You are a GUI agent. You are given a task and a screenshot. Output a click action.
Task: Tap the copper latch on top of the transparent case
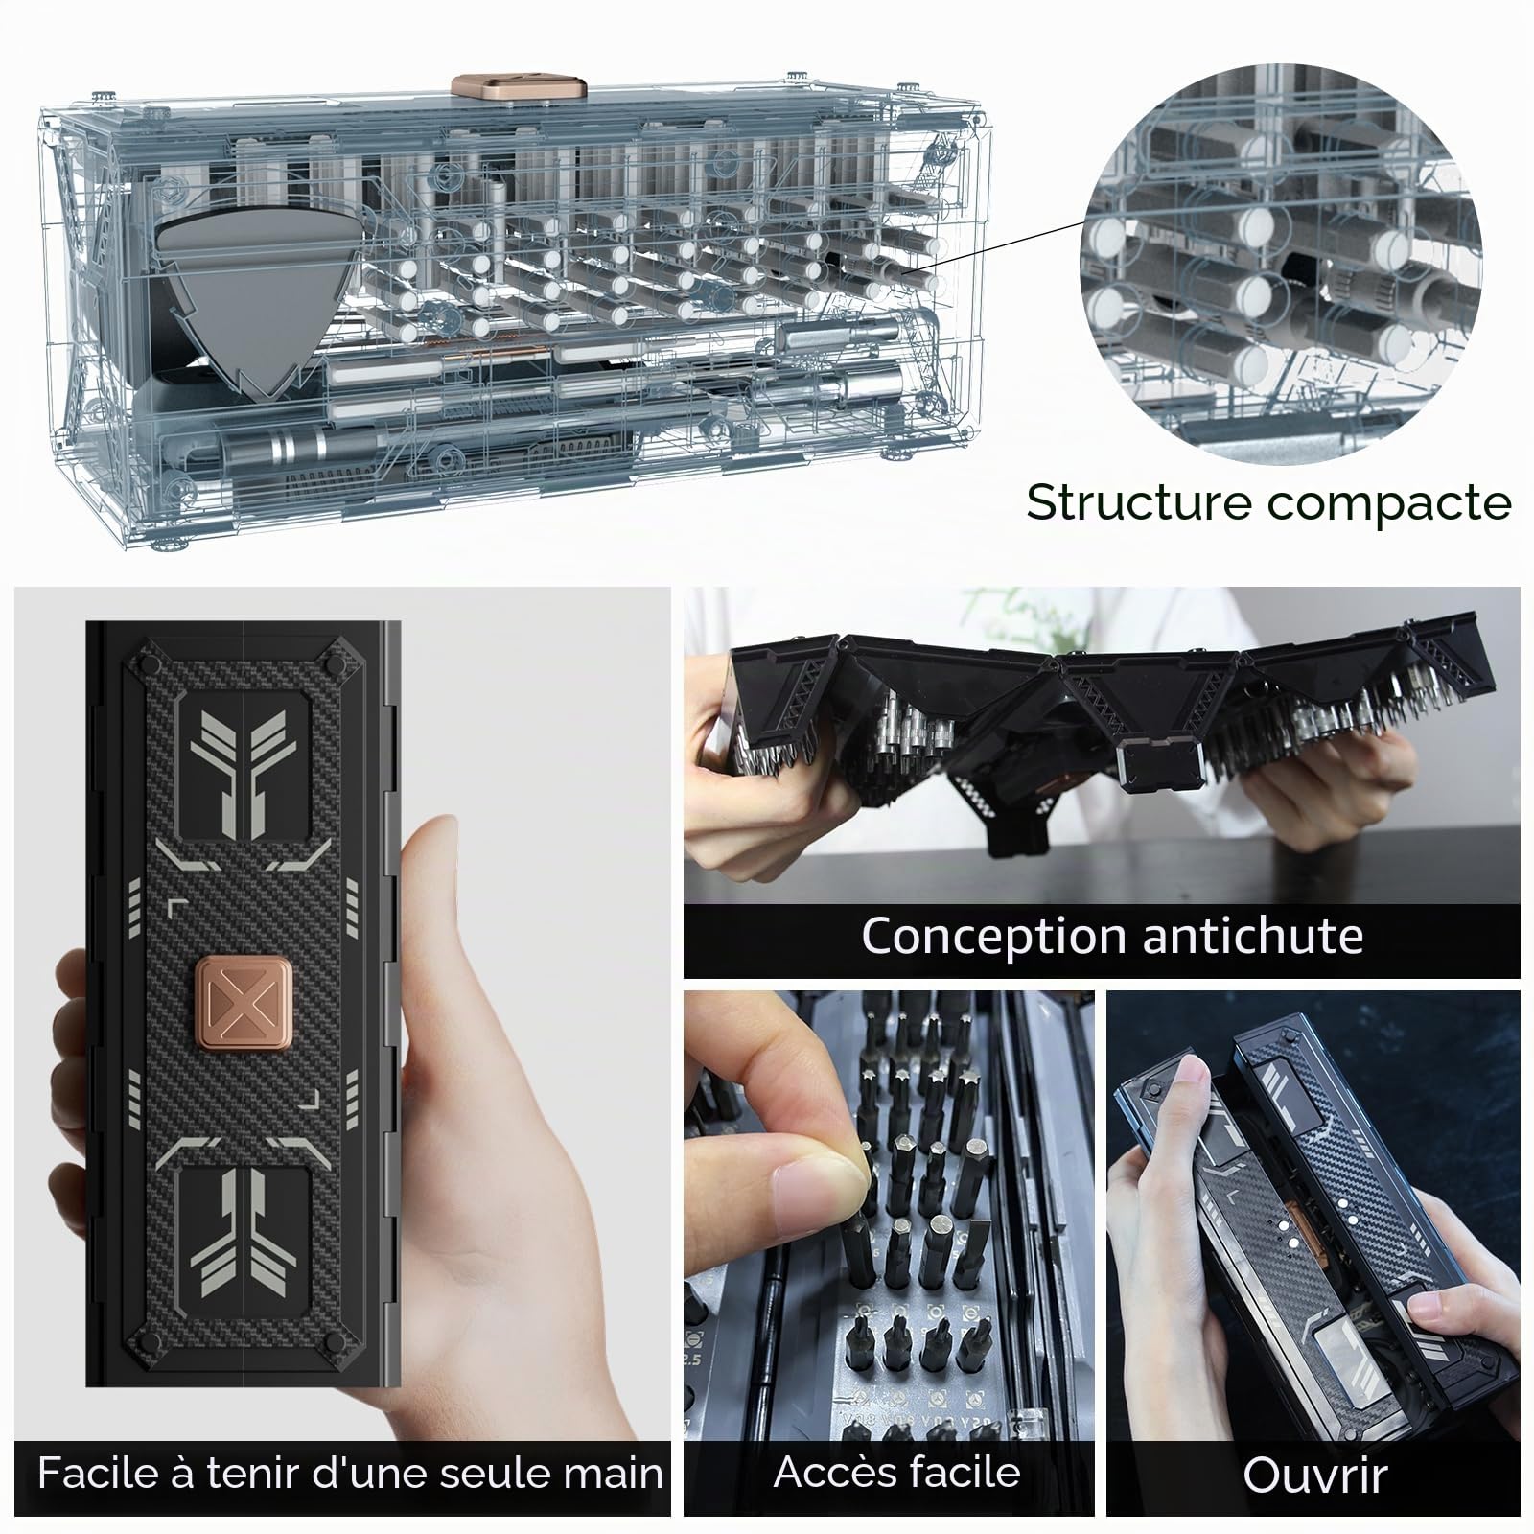[x=519, y=84]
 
